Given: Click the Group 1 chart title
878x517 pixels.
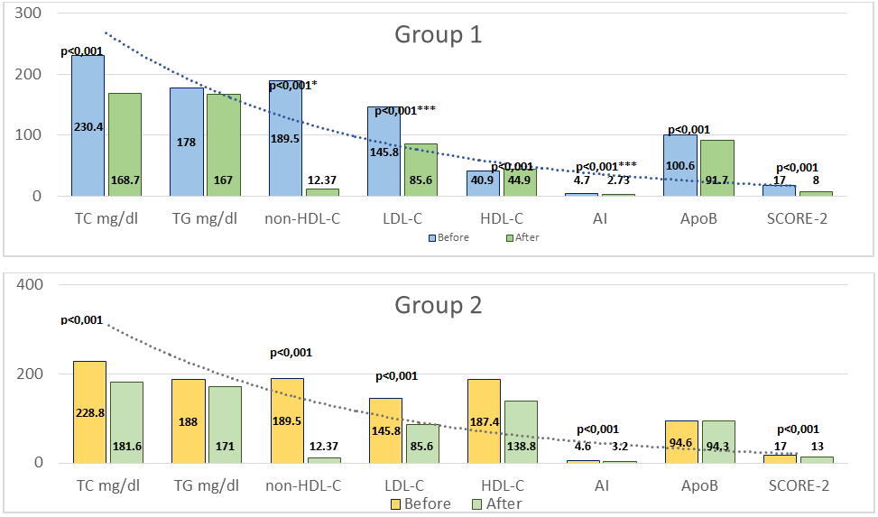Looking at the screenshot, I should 439,35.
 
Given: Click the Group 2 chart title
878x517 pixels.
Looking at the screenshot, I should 439,305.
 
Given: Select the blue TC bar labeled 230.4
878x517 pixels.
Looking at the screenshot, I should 88,125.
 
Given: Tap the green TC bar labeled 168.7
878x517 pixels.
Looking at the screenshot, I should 125,144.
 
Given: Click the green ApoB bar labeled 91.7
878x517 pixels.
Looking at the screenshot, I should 717,168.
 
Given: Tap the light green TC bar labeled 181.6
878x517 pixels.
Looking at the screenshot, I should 126,422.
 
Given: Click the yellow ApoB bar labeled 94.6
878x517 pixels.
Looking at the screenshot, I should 680,441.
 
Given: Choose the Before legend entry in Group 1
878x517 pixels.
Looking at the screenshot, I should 446,237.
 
